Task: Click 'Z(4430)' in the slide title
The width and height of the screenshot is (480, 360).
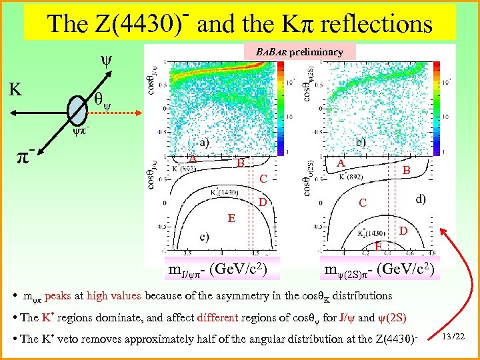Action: [x=133, y=25]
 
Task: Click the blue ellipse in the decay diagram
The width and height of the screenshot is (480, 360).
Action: [x=78, y=108]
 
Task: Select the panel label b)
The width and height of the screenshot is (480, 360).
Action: [x=361, y=142]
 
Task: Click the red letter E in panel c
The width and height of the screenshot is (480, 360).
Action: [x=231, y=217]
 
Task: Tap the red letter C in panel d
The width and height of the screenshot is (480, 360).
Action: [x=362, y=202]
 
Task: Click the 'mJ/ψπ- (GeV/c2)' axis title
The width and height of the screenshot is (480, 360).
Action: [x=217, y=269]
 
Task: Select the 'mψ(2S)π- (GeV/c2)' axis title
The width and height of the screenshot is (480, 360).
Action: [x=381, y=269]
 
